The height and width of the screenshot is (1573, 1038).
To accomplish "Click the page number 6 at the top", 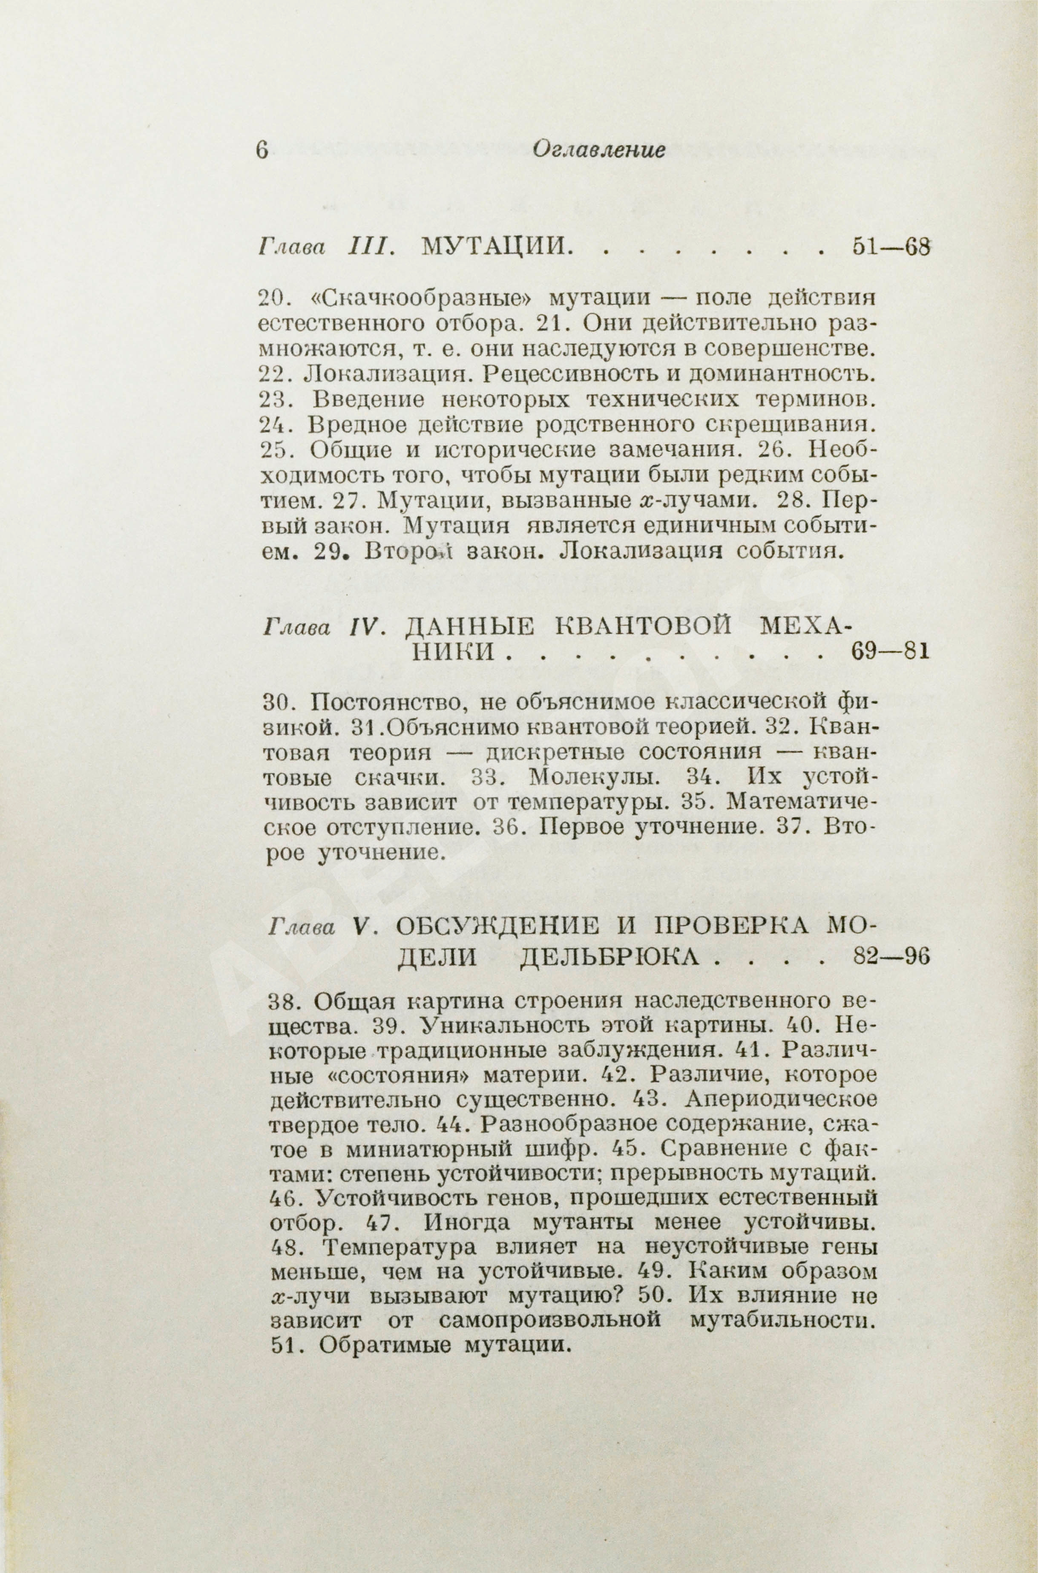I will (x=262, y=151).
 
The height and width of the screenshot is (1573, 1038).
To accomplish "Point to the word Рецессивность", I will (x=571, y=375).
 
